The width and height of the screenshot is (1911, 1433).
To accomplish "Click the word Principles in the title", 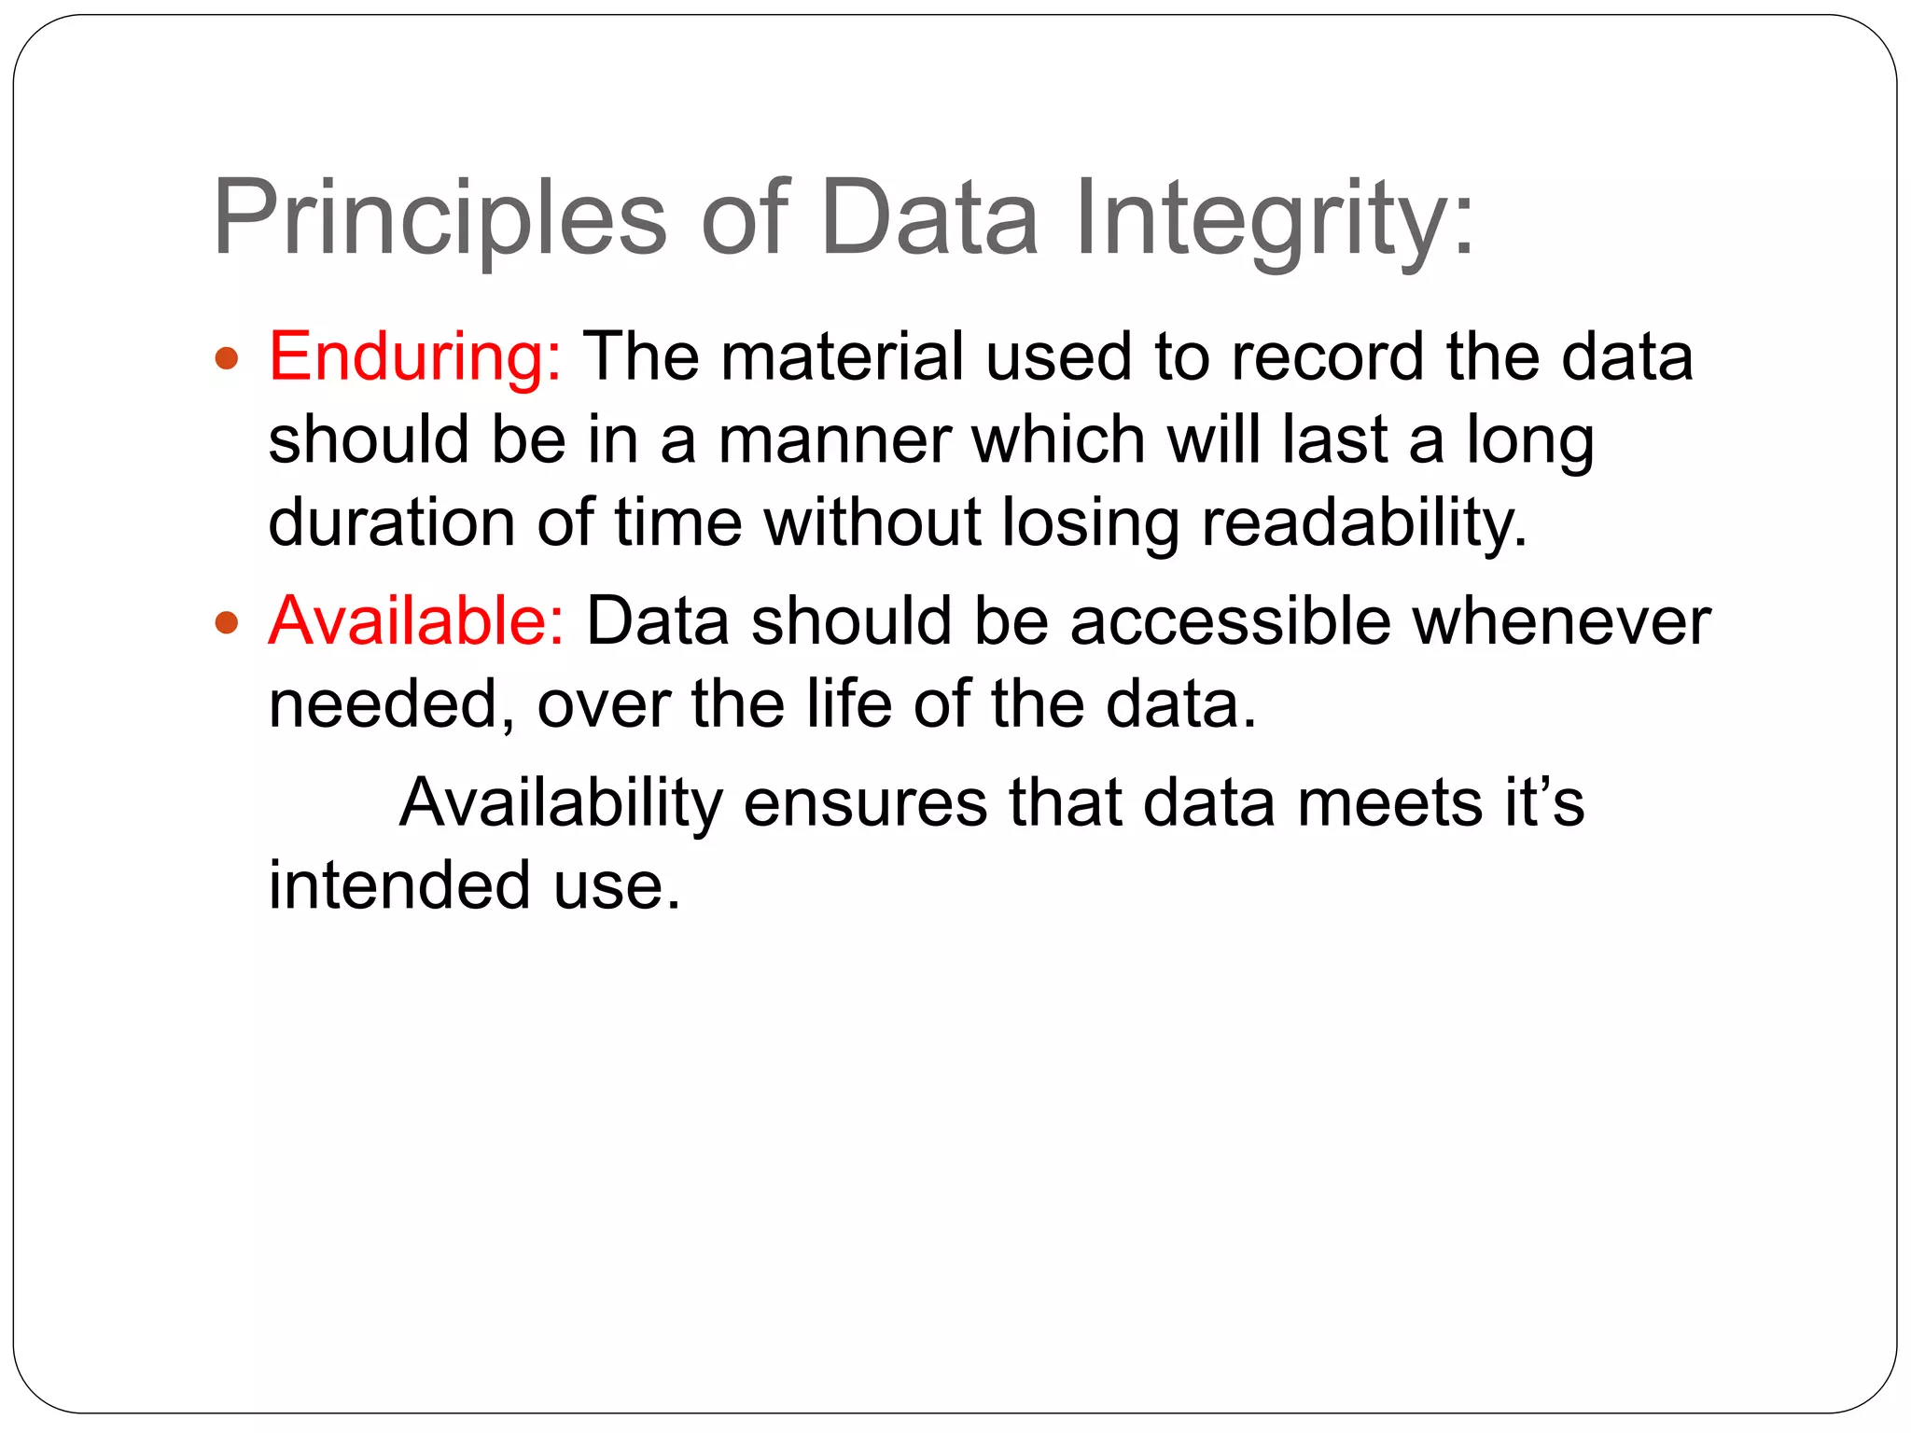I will point(439,218).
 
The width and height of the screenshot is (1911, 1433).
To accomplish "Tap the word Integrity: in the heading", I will point(1275,218).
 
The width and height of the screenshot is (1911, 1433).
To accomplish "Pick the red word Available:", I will point(416,620).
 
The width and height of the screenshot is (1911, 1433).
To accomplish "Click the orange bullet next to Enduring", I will point(227,358).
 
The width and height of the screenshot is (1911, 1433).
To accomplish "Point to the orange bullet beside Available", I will point(227,622).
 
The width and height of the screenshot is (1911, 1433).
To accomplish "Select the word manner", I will point(834,439).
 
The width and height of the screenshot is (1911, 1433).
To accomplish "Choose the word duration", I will point(391,522).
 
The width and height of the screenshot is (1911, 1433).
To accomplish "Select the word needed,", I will point(392,703).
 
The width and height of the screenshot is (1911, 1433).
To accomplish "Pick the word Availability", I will point(561,802).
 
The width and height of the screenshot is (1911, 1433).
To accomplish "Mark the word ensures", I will point(865,802).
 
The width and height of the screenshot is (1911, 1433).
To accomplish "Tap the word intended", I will point(400,884).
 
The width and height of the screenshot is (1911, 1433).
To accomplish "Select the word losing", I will point(1091,522).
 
